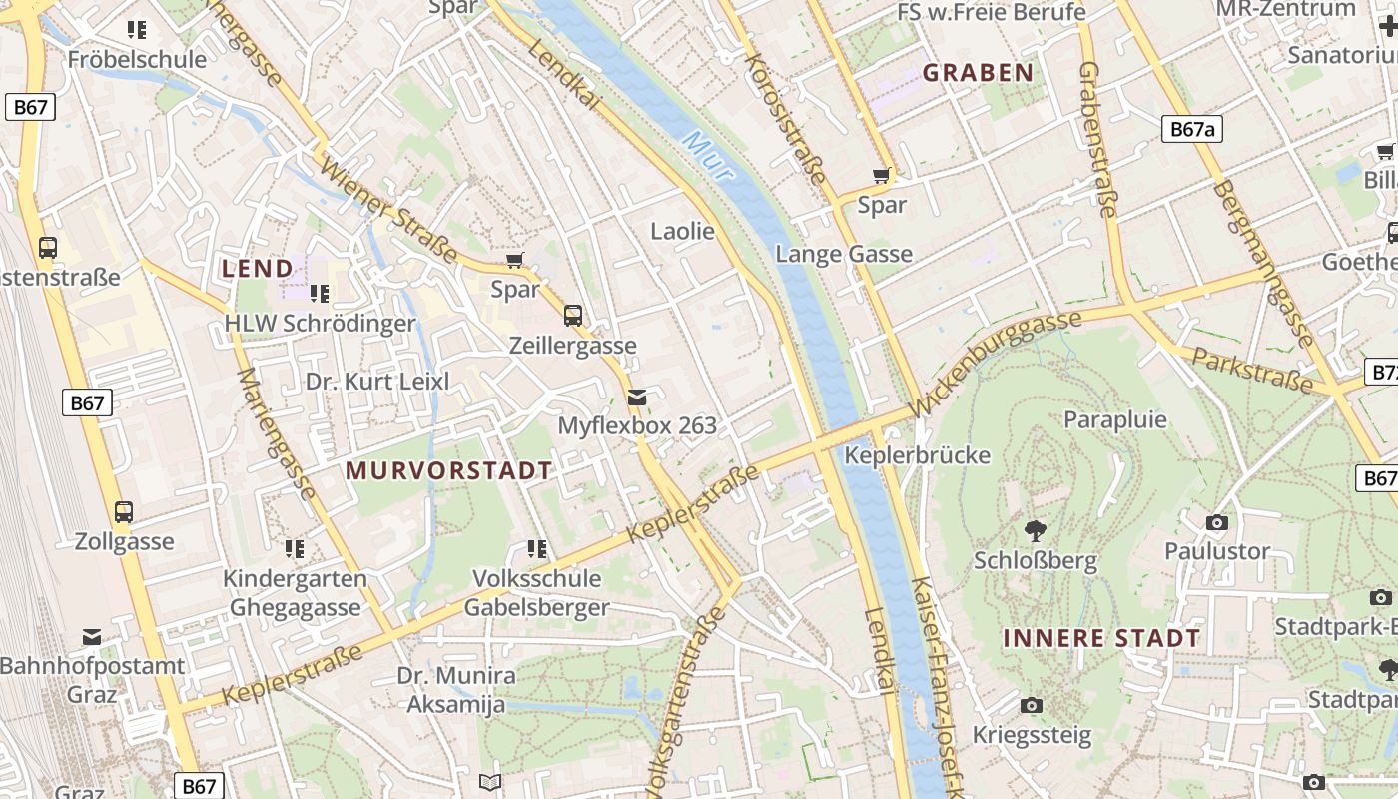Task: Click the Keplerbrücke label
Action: click(917, 455)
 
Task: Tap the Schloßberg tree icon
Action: click(1036, 530)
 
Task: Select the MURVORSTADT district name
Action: click(448, 470)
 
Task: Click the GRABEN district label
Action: click(977, 72)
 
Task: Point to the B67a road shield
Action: click(1192, 129)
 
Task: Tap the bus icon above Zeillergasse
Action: click(572, 316)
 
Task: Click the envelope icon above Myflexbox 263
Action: click(637, 398)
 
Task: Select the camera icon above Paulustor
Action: click(1216, 522)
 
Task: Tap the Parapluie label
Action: click(1114, 418)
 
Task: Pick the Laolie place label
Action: click(682, 231)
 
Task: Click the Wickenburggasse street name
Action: click(995, 362)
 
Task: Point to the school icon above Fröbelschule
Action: click(137, 30)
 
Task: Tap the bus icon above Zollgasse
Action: click(124, 512)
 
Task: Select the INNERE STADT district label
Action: click(1100, 638)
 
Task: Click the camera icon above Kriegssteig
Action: click(1032, 706)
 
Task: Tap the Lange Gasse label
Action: click(844, 254)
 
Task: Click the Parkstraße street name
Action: click(1252, 372)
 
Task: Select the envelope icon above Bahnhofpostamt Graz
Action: click(92, 636)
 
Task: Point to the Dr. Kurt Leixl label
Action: click(377, 381)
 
